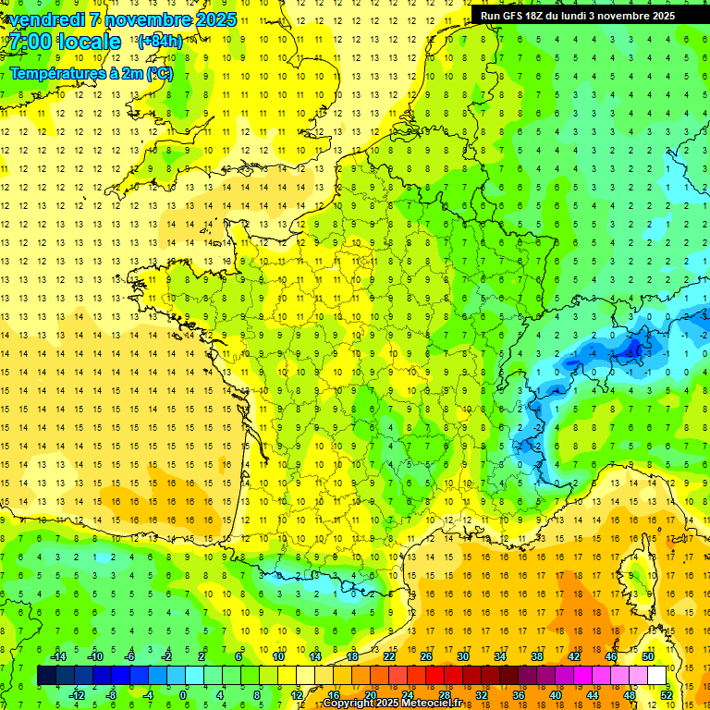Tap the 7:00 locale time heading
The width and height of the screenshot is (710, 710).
click(65, 42)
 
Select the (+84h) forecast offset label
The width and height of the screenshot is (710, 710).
click(160, 42)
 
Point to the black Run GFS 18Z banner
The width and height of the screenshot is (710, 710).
click(578, 16)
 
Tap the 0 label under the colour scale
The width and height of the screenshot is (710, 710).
click(183, 695)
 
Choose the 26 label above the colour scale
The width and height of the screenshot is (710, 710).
click(425, 656)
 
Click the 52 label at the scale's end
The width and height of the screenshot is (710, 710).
click(666, 695)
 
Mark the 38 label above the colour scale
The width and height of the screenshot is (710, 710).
click(536, 656)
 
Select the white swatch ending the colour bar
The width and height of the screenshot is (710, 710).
click(656, 676)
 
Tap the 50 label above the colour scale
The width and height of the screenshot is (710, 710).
click(648, 656)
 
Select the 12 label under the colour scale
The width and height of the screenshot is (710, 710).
click(297, 695)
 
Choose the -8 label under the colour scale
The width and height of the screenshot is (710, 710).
click(111, 695)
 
